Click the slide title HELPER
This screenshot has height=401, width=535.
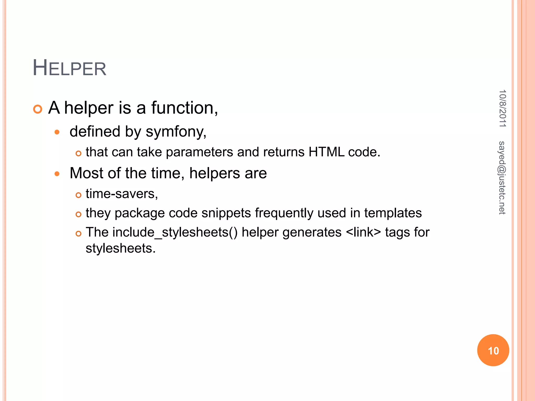[69, 68]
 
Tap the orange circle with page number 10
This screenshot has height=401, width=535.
[493, 350]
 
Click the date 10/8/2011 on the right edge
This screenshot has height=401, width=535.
[502, 108]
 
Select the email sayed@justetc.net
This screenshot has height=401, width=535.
[502, 178]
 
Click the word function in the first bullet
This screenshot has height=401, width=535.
[184, 108]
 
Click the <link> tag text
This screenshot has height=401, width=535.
[363, 232]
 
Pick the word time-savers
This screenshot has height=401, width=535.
[122, 194]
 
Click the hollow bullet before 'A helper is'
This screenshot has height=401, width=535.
[38, 109]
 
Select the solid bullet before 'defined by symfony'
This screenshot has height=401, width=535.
[57, 132]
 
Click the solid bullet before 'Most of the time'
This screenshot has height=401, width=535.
[57, 174]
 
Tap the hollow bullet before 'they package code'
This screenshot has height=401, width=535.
[78, 214]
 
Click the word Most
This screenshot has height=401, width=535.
[86, 173]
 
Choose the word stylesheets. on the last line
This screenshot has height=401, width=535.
[120, 248]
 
